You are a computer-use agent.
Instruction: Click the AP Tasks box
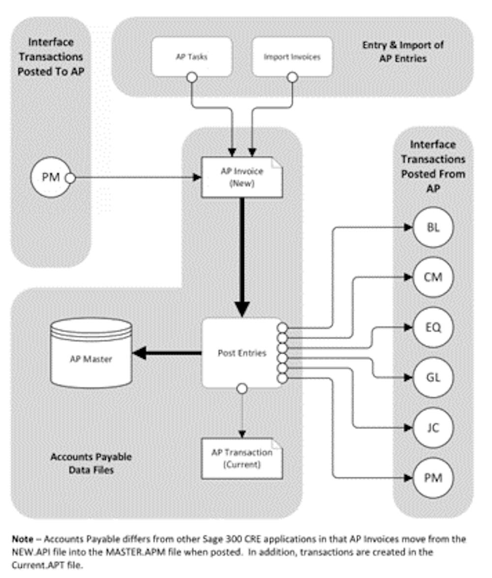point(191,57)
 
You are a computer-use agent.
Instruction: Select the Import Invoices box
point(292,57)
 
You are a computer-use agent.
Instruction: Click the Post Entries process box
point(242,353)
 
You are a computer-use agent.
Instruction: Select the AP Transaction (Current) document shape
point(242,458)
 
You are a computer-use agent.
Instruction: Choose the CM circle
point(433,277)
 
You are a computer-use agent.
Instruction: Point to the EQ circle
point(433,327)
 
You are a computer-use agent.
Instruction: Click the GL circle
point(433,378)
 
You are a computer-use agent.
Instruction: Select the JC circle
point(433,428)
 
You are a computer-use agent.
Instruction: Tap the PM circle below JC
point(433,478)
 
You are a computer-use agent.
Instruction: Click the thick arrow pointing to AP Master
point(167,353)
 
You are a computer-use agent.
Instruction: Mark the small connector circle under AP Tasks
point(191,77)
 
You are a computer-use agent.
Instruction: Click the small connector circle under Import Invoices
point(292,77)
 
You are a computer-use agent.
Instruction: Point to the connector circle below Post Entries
point(242,389)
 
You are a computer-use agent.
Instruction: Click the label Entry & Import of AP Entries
point(403,52)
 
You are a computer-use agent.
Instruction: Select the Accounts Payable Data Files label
point(92,463)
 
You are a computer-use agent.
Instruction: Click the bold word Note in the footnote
point(22,539)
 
